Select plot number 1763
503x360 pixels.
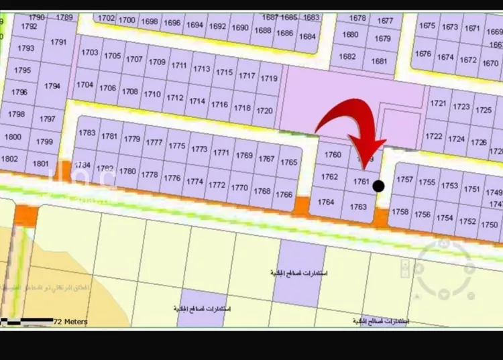[x=359, y=206]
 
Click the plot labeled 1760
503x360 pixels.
[x=333, y=155]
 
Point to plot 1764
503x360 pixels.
[x=326, y=202]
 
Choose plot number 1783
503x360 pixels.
[x=87, y=133]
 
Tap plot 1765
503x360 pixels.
[x=289, y=162]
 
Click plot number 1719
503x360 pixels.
[x=269, y=78]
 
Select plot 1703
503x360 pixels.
[x=90, y=52]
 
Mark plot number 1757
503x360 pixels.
[x=404, y=180]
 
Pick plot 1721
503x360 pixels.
[x=438, y=103]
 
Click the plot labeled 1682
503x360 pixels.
[x=347, y=56]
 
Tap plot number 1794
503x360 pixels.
[x=52, y=86]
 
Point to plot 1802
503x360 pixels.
[x=10, y=159]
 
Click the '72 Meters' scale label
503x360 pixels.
[x=70, y=322]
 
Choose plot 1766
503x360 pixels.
[x=284, y=194]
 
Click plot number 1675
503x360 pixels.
[x=427, y=25]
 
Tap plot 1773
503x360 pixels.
[x=199, y=149]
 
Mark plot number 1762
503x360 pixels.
[x=329, y=177]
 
